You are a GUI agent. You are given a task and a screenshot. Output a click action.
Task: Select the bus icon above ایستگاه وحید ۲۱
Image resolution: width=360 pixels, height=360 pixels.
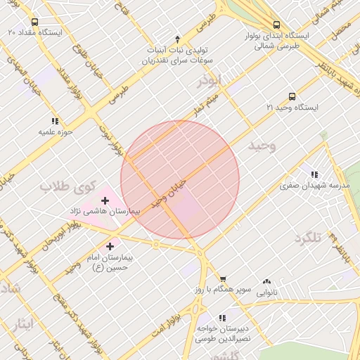[292, 96]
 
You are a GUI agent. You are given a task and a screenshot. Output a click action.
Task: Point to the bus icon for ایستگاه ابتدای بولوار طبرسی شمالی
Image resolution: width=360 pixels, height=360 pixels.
[276, 23]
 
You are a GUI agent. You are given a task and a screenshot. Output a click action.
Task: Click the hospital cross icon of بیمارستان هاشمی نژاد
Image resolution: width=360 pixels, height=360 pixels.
[105, 200]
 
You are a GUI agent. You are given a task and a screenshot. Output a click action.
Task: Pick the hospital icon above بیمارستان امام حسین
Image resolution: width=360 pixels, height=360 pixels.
[110, 246]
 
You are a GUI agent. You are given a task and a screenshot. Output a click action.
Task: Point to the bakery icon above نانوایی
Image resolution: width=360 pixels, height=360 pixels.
[266, 281]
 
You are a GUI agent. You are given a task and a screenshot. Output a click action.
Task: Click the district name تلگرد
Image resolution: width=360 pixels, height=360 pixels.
[308, 238]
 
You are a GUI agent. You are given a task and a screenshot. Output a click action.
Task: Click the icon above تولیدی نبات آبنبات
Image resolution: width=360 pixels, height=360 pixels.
[177, 39]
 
